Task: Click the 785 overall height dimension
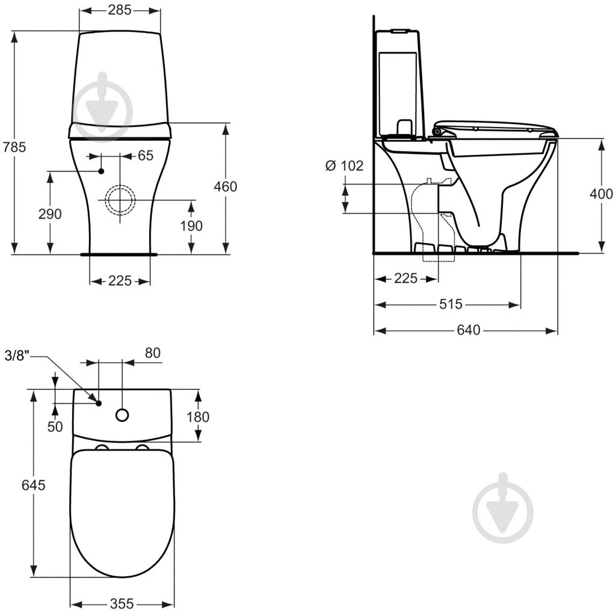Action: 14,147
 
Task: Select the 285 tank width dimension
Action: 120,10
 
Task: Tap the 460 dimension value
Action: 226,186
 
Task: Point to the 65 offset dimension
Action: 146,156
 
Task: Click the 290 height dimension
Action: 50,214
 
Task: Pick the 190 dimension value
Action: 191,226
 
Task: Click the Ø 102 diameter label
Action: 345,166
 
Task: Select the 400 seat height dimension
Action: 601,194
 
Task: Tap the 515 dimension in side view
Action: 451,304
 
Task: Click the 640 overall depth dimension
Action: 468,330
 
